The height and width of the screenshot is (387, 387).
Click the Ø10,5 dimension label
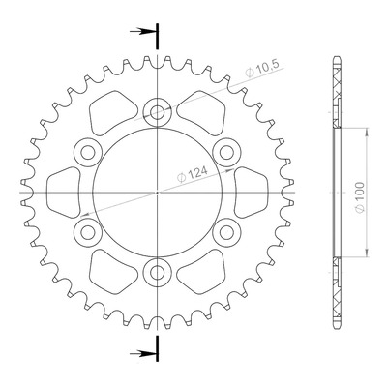click(262, 69)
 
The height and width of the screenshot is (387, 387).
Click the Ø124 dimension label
click(193, 175)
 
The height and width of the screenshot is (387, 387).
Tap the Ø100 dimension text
click(360, 197)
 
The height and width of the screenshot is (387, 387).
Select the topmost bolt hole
click(157, 111)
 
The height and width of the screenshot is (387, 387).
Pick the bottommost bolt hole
click(157, 273)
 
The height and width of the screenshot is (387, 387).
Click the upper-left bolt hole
click(87, 152)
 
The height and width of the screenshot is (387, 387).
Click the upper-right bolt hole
click(227, 152)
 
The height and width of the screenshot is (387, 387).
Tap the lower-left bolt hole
click(87, 232)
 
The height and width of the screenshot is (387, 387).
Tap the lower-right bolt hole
click(227, 232)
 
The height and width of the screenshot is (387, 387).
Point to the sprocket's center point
click(157, 193)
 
